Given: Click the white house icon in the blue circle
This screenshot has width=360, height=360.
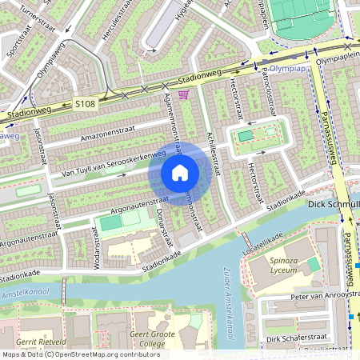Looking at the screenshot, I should click(180, 172).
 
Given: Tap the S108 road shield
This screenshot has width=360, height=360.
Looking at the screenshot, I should click(86, 104).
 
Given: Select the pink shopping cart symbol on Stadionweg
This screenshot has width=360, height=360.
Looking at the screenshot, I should click(184, 95).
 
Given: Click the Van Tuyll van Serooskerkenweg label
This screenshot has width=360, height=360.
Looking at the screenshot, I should click(114, 163).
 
